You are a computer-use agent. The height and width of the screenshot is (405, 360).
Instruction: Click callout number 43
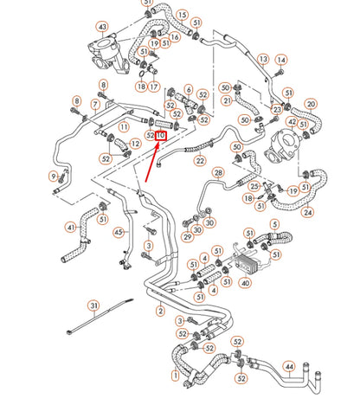[103, 28]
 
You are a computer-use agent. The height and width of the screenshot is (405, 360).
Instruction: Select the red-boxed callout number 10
[160, 135]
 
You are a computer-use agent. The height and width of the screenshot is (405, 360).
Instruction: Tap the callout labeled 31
[94, 305]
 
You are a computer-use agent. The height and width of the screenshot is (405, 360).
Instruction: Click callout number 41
[71, 227]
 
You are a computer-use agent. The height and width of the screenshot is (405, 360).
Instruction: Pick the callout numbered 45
[119, 231]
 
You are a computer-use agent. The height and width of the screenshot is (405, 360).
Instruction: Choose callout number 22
[200, 160]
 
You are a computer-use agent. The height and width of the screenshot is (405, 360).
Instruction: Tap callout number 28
[218, 173]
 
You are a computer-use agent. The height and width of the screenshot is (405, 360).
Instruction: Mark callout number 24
[308, 211]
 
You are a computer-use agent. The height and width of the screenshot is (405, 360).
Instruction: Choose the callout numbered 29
[187, 235]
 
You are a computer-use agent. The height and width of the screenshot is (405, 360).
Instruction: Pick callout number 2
[159, 310]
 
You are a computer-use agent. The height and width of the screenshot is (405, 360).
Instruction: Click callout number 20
[311, 105]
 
